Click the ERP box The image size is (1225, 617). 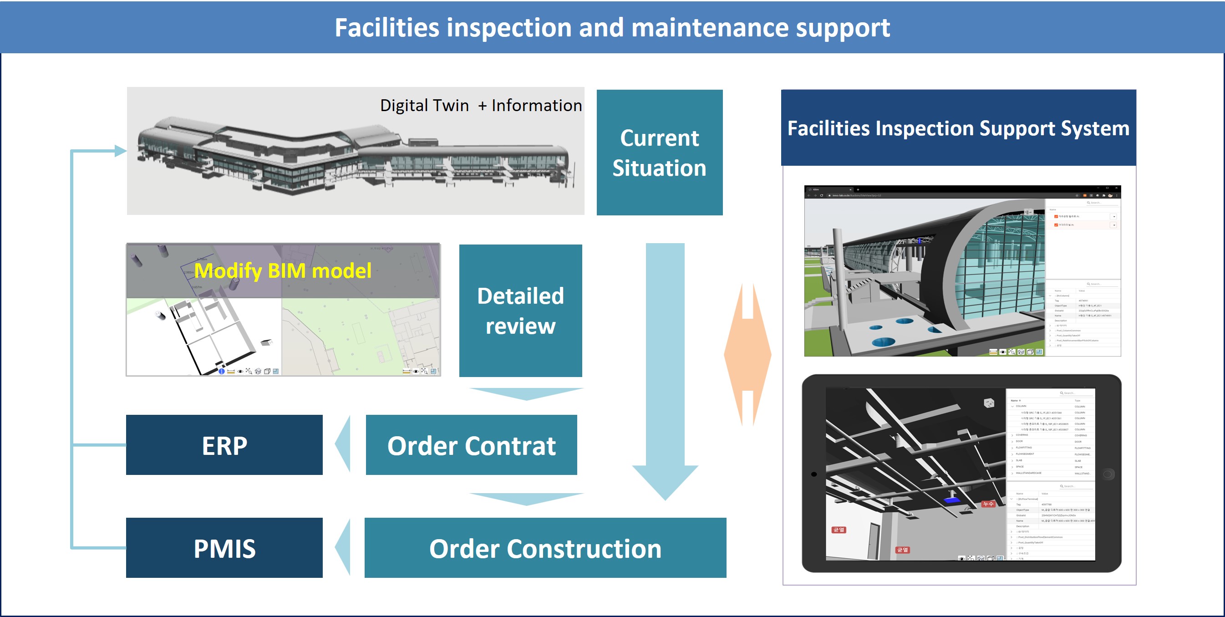(x=224, y=445)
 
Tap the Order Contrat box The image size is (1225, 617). (x=471, y=445)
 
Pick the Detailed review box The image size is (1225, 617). (x=520, y=310)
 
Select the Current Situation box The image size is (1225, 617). (x=659, y=152)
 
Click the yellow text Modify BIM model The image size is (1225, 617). (x=283, y=270)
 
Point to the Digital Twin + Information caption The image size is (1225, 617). (x=480, y=105)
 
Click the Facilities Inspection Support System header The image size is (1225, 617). (x=958, y=127)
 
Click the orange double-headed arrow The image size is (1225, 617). (x=747, y=354)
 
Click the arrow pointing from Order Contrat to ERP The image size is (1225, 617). (x=343, y=444)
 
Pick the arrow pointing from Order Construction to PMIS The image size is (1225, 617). (x=343, y=547)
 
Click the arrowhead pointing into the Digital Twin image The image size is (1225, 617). (x=121, y=151)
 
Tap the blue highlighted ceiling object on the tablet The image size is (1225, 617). (x=951, y=500)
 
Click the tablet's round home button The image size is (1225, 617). (x=1108, y=474)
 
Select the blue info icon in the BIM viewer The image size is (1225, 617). (x=222, y=371)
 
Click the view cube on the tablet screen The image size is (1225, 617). (x=989, y=403)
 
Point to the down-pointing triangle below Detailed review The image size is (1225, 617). (x=526, y=393)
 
